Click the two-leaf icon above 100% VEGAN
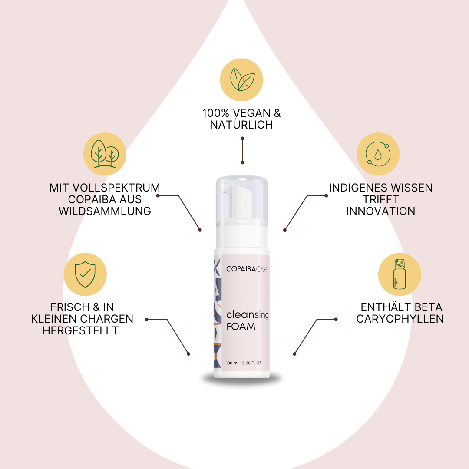click(x=241, y=79)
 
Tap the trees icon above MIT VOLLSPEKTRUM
click(x=105, y=154)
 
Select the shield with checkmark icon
click(x=85, y=274)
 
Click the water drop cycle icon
click(x=378, y=154)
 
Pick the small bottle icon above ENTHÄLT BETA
click(x=400, y=274)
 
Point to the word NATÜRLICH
click(x=241, y=125)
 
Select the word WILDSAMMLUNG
click(x=105, y=211)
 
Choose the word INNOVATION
click(x=380, y=211)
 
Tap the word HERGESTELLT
click(x=80, y=330)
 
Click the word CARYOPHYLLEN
click(x=400, y=319)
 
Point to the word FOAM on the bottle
click(x=241, y=327)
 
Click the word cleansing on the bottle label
click(x=247, y=315)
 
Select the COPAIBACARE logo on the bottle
click(x=247, y=269)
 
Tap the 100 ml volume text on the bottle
click(x=233, y=363)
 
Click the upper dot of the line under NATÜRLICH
click(x=242, y=139)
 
